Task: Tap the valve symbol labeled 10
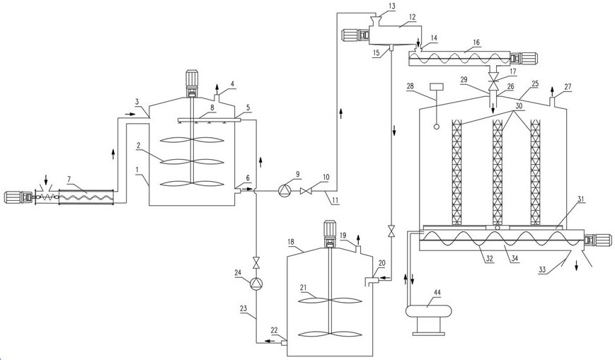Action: click(x=306, y=192)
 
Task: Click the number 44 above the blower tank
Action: click(x=437, y=292)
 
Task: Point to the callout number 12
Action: click(x=412, y=17)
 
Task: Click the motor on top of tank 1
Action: click(x=191, y=83)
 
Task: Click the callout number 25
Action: click(x=535, y=83)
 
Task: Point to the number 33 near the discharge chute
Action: click(x=541, y=269)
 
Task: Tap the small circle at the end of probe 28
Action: click(x=436, y=127)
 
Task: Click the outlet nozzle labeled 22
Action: click(x=284, y=343)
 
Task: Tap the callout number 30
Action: click(x=519, y=106)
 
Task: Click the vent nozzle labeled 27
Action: click(x=552, y=102)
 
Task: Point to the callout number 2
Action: click(x=139, y=146)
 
